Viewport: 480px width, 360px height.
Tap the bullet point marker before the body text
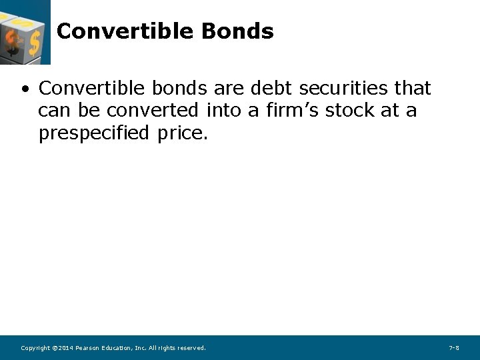click(x=25, y=89)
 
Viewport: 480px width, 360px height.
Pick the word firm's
click(x=291, y=111)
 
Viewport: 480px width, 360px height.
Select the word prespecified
click(x=94, y=133)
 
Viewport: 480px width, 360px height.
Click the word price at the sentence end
click(x=181, y=133)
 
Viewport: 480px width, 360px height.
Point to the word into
click(x=224, y=111)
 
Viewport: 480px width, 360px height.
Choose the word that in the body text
click(x=413, y=88)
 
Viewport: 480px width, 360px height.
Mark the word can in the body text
click(x=53, y=111)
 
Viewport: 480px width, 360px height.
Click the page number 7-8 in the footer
click(x=454, y=348)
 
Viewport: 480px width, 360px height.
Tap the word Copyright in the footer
click(x=35, y=348)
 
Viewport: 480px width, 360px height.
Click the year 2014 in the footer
click(x=65, y=348)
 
